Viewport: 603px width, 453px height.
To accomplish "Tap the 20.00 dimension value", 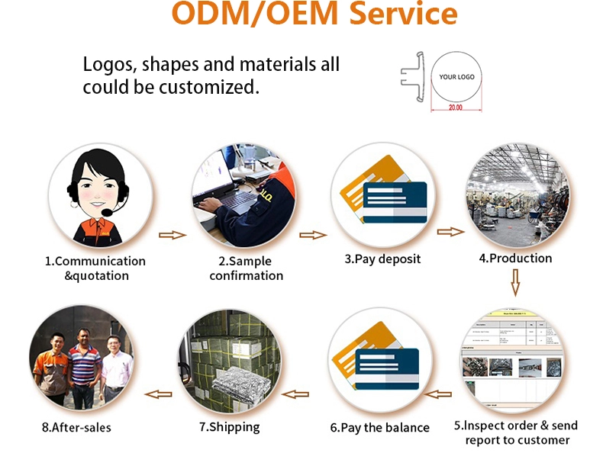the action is click(456, 108).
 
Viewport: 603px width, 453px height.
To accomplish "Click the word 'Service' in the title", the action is click(404, 13).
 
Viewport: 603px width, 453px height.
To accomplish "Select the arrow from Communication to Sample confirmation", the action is click(173, 235).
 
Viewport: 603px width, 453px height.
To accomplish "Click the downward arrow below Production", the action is click(515, 282).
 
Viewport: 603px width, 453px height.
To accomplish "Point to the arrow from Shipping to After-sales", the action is click(158, 394).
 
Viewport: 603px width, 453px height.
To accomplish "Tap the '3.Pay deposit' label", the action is click(382, 259).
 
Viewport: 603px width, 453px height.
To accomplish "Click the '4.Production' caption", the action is click(515, 259).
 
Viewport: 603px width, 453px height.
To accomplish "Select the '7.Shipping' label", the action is click(230, 427).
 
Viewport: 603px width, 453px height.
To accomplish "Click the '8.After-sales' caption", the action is click(76, 428).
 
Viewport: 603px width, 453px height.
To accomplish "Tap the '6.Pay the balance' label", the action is click(380, 428).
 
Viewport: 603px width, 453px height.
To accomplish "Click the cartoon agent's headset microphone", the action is click(107, 212).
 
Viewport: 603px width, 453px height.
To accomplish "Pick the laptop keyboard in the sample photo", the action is click(227, 201).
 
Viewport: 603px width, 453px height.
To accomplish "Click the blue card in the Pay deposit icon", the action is click(395, 203).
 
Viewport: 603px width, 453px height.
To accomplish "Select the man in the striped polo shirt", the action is click(84, 369).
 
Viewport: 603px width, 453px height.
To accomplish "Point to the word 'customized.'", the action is click(209, 87).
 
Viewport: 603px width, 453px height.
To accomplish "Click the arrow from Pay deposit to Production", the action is click(450, 232).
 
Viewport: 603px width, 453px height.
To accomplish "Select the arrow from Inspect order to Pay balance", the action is click(437, 394).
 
